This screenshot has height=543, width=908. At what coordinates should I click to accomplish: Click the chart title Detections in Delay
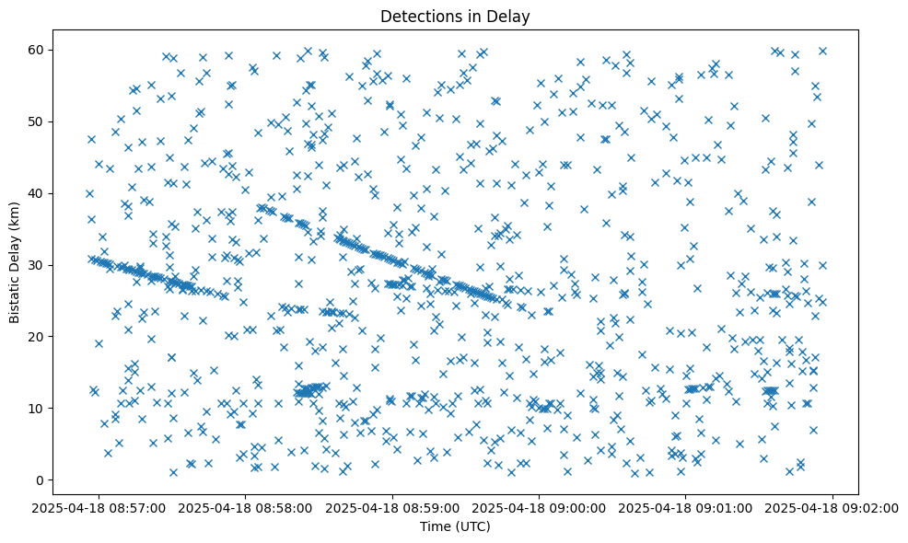coord(454,16)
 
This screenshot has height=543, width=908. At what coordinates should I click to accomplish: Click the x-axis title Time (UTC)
coord(454,526)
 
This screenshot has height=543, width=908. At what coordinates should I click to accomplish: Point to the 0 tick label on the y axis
coord(41,480)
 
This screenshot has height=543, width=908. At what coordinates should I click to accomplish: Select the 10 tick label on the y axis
coord(38,409)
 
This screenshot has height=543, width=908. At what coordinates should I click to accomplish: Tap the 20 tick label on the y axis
coord(38,337)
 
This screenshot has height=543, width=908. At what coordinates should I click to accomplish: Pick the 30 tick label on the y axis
coord(38,265)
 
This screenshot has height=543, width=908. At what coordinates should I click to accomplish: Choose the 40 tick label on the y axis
coord(38,193)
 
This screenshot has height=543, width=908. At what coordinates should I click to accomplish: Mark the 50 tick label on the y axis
coord(38,121)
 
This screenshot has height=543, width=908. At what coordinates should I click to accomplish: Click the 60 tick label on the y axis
coord(38,50)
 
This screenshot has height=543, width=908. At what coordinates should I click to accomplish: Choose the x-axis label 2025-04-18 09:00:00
coord(540,506)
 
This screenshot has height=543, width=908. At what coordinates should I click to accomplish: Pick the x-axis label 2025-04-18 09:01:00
coord(686,506)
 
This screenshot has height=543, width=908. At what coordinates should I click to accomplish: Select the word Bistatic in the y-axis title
coord(15,294)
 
